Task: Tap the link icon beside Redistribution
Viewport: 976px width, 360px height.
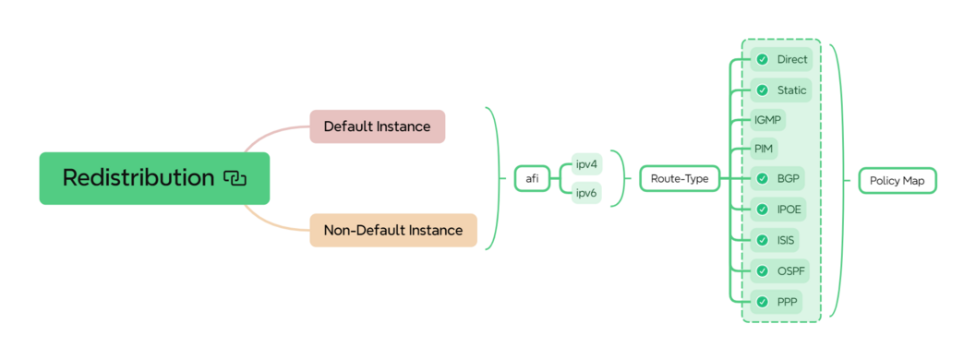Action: [235, 178]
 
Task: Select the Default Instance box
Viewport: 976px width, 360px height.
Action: [377, 126]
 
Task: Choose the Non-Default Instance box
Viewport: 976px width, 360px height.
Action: [392, 230]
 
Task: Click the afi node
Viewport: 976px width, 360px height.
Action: [532, 178]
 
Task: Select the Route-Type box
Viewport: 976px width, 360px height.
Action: [680, 178]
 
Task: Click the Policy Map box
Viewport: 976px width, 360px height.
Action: [898, 180]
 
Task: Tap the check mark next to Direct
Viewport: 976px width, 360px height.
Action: [762, 59]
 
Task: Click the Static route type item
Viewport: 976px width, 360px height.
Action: [791, 90]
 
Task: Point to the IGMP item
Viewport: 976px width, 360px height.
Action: [768, 119]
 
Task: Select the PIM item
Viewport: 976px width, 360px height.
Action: [765, 148]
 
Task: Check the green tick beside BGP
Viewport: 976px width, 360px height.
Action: [762, 178]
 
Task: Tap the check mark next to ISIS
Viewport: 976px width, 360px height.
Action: [762, 240]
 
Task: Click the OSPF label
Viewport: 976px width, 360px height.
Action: [791, 271]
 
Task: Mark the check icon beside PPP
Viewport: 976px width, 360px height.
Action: [762, 302]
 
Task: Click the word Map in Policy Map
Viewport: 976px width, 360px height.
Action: [914, 180]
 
